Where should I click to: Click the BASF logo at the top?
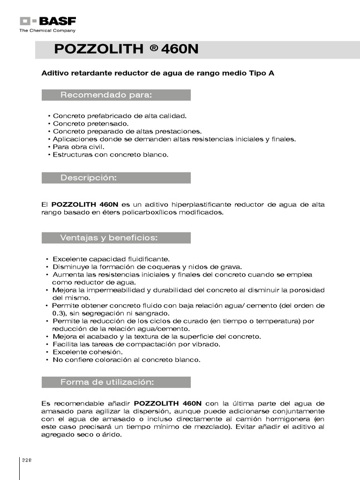pos(47,21)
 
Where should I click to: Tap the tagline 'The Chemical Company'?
pos(47,30)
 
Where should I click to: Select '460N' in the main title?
pos(180,49)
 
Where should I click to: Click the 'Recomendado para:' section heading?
pos(106,95)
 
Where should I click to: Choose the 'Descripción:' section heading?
pos(88,178)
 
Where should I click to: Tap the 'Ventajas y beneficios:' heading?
pos(109,238)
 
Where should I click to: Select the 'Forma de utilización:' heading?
pos(107,382)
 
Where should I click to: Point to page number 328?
pos(26,460)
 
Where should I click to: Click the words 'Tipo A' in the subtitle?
pos(263,74)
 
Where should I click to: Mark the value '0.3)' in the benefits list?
pos(59,313)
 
